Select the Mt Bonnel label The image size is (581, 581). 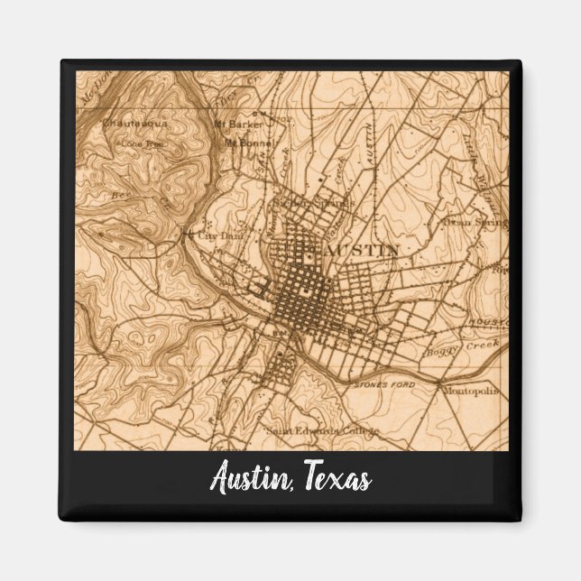click(x=244, y=143)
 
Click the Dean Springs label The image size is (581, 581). click(x=475, y=221)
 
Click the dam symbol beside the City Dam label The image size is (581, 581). click(x=187, y=237)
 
